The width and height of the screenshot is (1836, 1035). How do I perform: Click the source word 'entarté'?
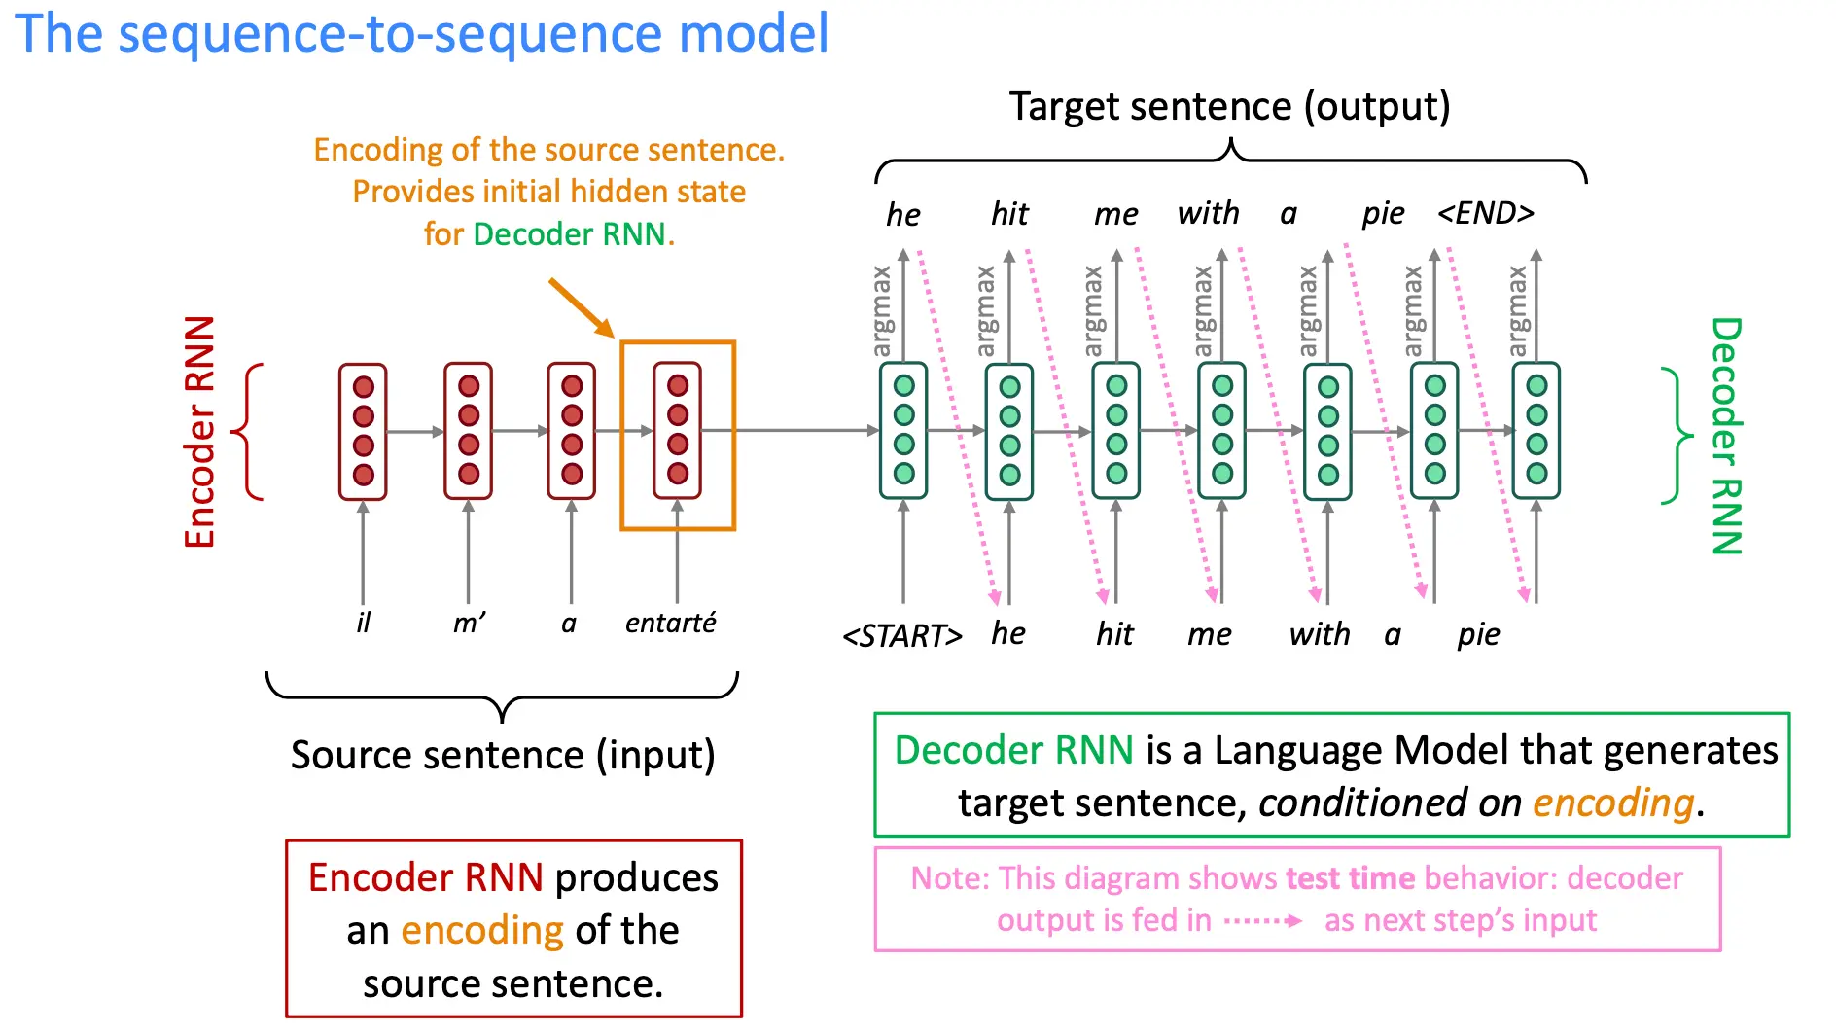coord(670,623)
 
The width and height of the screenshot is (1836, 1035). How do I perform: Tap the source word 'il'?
coord(364,623)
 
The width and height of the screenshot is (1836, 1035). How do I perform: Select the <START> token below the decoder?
coord(902,635)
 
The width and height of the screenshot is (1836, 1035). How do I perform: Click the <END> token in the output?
coord(1486,212)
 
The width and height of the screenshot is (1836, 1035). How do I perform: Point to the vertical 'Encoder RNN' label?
coord(199,432)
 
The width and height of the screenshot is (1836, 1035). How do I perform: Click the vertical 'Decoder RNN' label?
coord(1726,436)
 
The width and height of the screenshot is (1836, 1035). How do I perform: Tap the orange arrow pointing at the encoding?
coord(582,307)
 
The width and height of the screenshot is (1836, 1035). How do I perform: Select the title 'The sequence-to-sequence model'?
coord(422,33)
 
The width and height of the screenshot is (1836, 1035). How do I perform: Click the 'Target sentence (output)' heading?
coord(1229,106)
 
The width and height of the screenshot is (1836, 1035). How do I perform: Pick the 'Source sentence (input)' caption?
coord(503,755)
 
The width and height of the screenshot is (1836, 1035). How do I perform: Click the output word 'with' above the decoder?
coord(1209,213)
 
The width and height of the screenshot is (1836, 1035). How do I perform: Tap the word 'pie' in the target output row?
coord(1383,214)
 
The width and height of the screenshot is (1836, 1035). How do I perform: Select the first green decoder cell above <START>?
coord(903,430)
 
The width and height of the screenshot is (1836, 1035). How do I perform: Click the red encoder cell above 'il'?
coord(363,431)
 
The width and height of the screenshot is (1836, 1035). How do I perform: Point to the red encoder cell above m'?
coord(468,431)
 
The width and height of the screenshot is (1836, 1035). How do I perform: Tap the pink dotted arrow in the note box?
coord(1262,920)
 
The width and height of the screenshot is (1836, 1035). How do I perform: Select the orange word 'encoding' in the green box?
coord(1613,803)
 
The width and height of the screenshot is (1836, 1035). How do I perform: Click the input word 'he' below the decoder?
coord(1008,633)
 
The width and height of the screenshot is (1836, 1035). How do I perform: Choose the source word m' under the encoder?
coord(470,623)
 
